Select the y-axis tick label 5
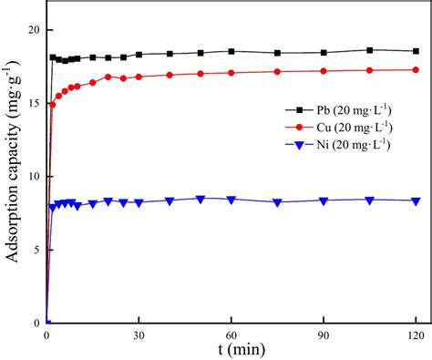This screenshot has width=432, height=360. [x=35, y=250]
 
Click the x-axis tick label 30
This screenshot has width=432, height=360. [x=139, y=334]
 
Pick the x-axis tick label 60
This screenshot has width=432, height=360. [x=231, y=334]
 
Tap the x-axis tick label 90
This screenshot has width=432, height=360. [x=324, y=334]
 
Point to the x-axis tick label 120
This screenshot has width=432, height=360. [x=416, y=334]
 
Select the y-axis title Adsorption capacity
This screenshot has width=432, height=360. [x=13, y=182]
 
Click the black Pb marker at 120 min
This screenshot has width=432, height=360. [x=416, y=51]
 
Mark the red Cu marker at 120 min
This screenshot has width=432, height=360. [x=416, y=69]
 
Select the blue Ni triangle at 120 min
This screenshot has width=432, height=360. [x=416, y=201]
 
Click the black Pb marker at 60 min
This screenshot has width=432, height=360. [x=231, y=51]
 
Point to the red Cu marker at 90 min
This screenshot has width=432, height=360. [x=324, y=71]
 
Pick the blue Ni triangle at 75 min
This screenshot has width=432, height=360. [x=277, y=202]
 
